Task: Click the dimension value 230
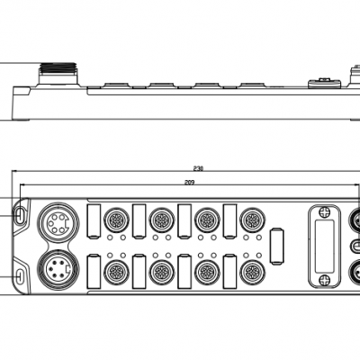pos(198,168)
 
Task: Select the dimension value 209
pos(189,182)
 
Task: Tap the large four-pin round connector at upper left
pos(58,222)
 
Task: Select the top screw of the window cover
pos(324,211)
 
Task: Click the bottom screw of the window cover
pos(324,281)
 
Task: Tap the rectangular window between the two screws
pos(324,246)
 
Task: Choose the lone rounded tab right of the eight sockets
pos(277,247)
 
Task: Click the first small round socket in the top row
pos(116,220)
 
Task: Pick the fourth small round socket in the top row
pos(252,220)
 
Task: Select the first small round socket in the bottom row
pos(116,273)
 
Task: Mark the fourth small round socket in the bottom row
pos(252,273)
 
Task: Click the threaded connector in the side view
pos(58,74)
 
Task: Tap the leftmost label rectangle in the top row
pos(94,221)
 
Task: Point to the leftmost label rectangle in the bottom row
pos(94,272)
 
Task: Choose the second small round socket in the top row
pos(162,220)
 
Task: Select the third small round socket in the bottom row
pos(207,273)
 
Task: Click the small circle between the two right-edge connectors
pos(356,246)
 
